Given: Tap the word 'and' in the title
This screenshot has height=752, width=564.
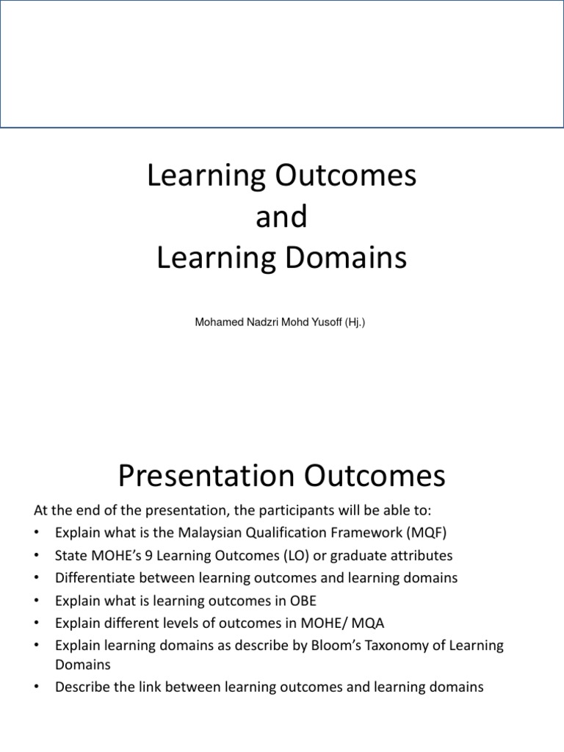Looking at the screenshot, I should click(x=281, y=218).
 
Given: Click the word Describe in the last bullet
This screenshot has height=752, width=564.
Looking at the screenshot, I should click(x=83, y=687).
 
